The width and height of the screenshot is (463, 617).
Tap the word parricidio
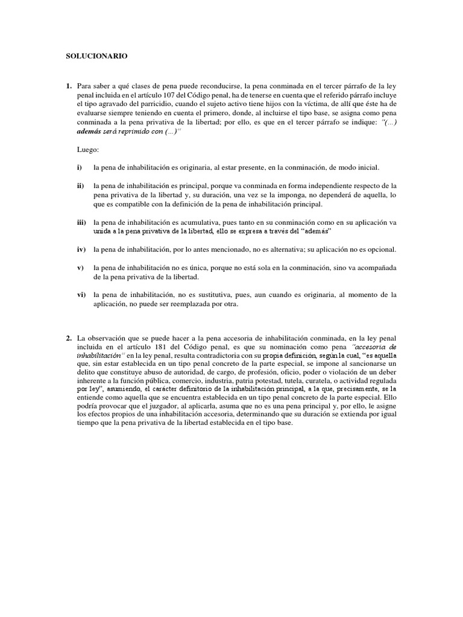(163, 106)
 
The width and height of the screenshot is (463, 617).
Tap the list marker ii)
(80, 186)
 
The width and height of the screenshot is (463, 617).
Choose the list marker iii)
(81, 222)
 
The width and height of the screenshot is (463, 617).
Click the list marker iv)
(81, 249)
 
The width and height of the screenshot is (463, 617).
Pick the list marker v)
(80, 267)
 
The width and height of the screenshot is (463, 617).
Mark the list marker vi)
(81, 294)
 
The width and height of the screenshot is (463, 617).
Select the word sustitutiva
(219, 294)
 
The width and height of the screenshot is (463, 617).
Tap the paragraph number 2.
(69, 339)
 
